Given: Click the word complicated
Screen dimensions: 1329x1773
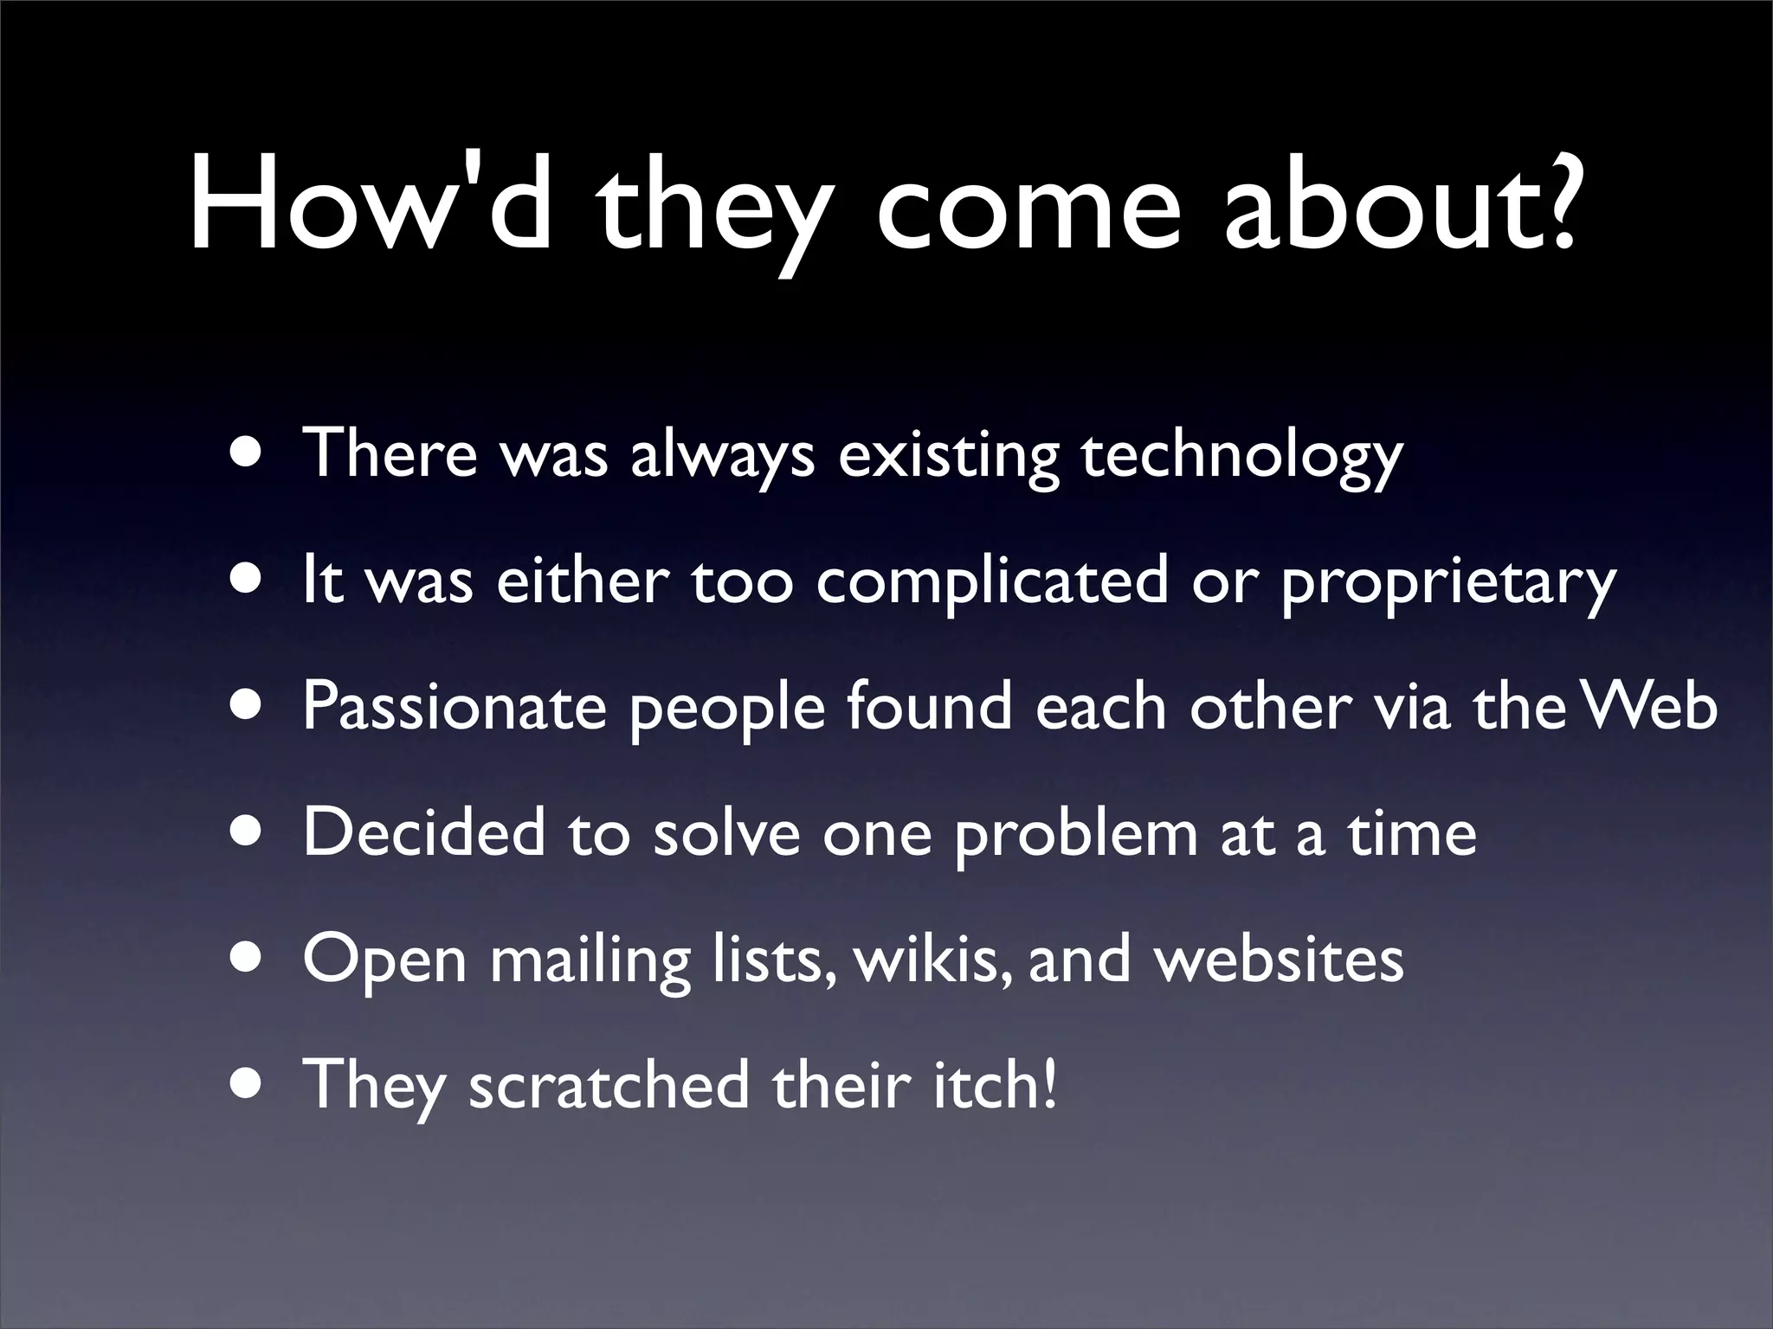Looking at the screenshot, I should click(992, 581).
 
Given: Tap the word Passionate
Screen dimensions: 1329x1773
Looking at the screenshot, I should click(455, 708).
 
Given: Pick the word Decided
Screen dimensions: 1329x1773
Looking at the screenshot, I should click(424, 833).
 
